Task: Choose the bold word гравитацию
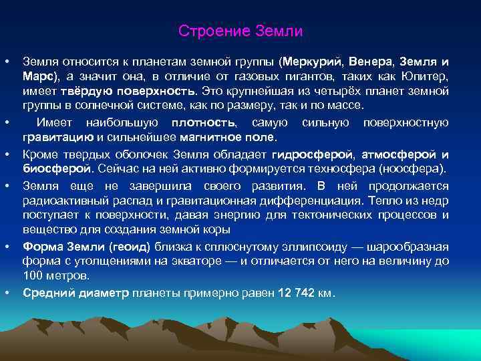pos(54,138)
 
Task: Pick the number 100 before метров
pos(33,275)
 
